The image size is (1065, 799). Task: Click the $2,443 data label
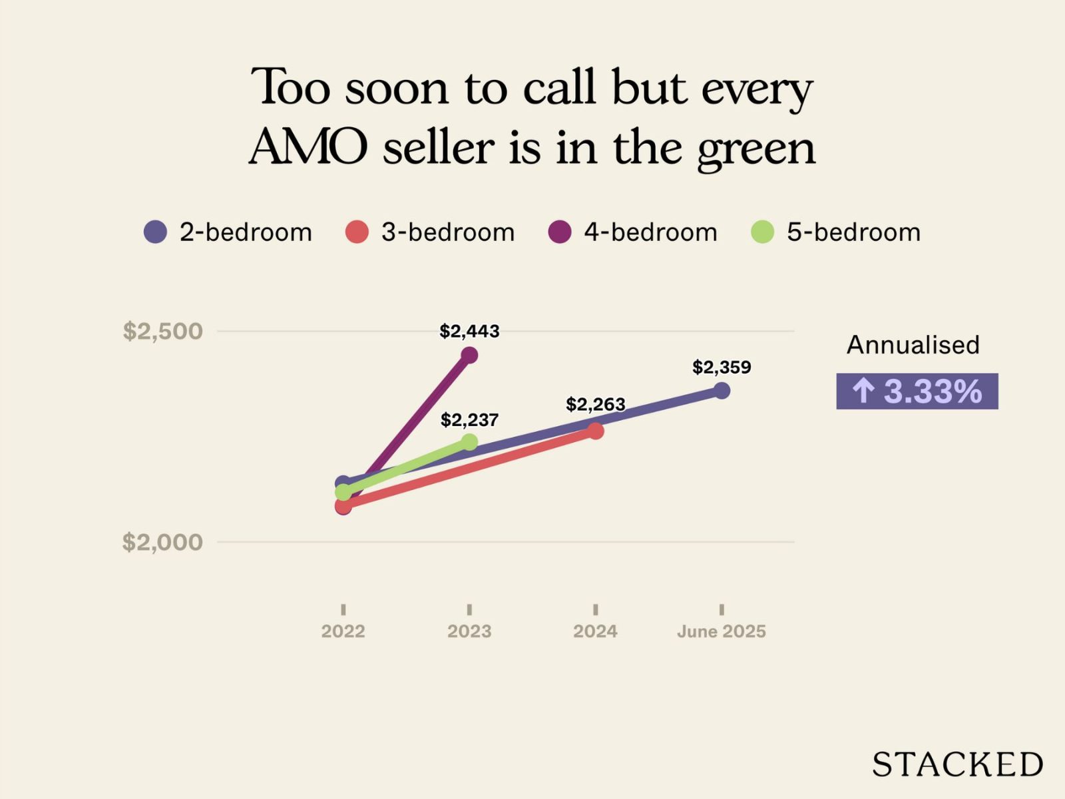(469, 331)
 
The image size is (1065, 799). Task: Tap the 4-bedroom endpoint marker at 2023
(469, 355)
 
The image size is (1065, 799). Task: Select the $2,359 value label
(722, 367)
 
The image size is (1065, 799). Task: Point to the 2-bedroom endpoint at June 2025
(722, 390)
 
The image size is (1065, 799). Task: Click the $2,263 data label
(596, 404)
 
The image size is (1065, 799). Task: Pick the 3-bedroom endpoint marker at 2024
(596, 431)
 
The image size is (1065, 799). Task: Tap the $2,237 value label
(469, 419)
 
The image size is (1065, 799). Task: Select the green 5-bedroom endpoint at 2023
(469, 441)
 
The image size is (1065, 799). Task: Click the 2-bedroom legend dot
(155, 232)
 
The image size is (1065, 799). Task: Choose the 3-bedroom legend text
(448, 232)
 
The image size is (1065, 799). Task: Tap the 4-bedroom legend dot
(560, 232)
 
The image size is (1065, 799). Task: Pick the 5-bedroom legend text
(853, 232)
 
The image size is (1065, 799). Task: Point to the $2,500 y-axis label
(162, 331)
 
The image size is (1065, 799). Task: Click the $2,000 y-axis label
(162, 542)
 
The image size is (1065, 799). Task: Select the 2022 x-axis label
(343, 631)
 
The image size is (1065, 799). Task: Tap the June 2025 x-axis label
(722, 631)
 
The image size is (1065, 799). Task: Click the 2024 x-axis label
(595, 631)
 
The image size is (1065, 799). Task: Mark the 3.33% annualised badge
(917, 391)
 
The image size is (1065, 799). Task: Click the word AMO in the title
(308, 146)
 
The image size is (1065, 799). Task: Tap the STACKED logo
(957, 764)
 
